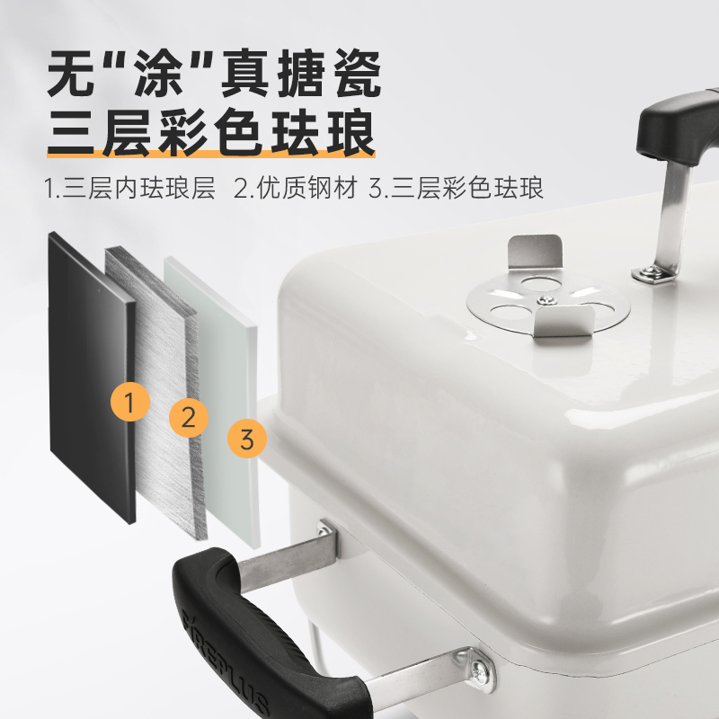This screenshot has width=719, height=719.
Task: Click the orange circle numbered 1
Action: [x=131, y=404]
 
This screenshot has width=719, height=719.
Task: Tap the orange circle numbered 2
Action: [x=189, y=417]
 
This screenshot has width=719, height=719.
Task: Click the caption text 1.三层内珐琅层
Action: [x=130, y=190]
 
